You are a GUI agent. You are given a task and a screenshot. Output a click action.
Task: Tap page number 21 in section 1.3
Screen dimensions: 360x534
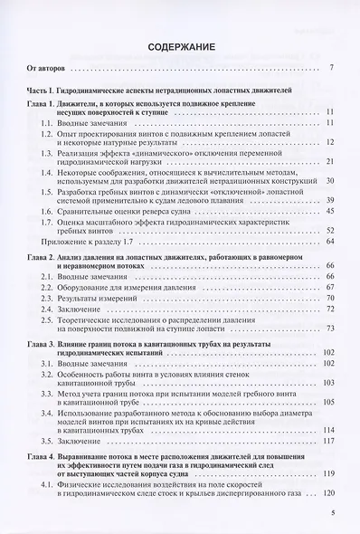[330, 161]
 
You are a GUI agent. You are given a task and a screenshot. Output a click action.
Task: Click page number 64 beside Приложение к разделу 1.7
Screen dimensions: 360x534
[330, 242]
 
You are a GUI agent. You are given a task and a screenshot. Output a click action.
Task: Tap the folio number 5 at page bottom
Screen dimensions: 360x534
[333, 513]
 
